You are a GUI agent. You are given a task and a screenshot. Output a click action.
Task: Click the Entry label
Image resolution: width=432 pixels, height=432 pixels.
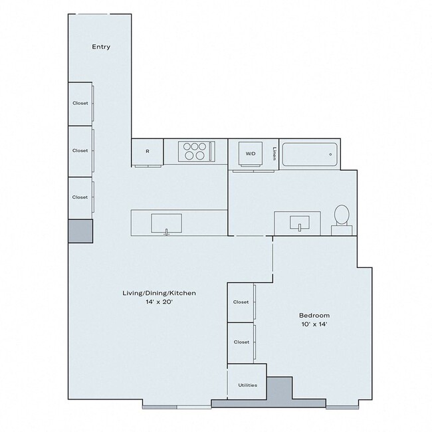click(x=101, y=47)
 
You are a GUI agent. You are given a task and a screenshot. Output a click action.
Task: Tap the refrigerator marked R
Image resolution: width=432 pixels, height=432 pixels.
click(x=147, y=152)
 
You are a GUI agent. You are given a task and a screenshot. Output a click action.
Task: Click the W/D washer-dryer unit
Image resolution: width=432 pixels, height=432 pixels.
click(x=251, y=154)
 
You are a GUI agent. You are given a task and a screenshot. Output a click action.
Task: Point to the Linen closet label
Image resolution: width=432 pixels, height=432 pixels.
click(x=274, y=154)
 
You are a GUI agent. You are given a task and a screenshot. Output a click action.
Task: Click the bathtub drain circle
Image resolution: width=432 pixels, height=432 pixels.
click(x=330, y=154)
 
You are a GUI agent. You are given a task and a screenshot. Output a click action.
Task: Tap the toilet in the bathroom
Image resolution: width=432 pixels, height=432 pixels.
click(x=342, y=217)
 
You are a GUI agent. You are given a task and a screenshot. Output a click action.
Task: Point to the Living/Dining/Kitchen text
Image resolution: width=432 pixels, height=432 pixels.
click(x=158, y=293)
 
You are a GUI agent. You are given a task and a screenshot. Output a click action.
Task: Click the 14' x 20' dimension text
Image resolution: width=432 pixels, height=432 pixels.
click(x=158, y=302)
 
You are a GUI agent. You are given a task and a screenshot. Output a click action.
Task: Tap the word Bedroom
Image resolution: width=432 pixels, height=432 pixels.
click(x=314, y=315)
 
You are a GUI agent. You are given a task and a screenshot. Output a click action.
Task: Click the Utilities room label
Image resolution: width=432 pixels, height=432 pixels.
click(x=247, y=385)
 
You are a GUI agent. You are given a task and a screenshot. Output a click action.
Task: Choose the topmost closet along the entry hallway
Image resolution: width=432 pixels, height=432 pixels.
click(x=80, y=103)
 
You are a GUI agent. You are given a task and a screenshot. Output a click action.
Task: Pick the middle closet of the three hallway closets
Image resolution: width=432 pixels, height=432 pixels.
click(x=80, y=151)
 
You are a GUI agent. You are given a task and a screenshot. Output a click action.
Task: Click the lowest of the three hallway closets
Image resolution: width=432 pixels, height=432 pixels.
click(x=80, y=197)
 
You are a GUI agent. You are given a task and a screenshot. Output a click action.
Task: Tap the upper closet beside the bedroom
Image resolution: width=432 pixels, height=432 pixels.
click(x=241, y=302)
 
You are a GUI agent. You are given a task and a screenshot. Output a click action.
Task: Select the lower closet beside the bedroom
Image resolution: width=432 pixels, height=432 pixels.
click(x=241, y=342)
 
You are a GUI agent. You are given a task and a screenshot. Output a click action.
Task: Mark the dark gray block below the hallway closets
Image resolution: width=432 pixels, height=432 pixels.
click(x=80, y=230)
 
